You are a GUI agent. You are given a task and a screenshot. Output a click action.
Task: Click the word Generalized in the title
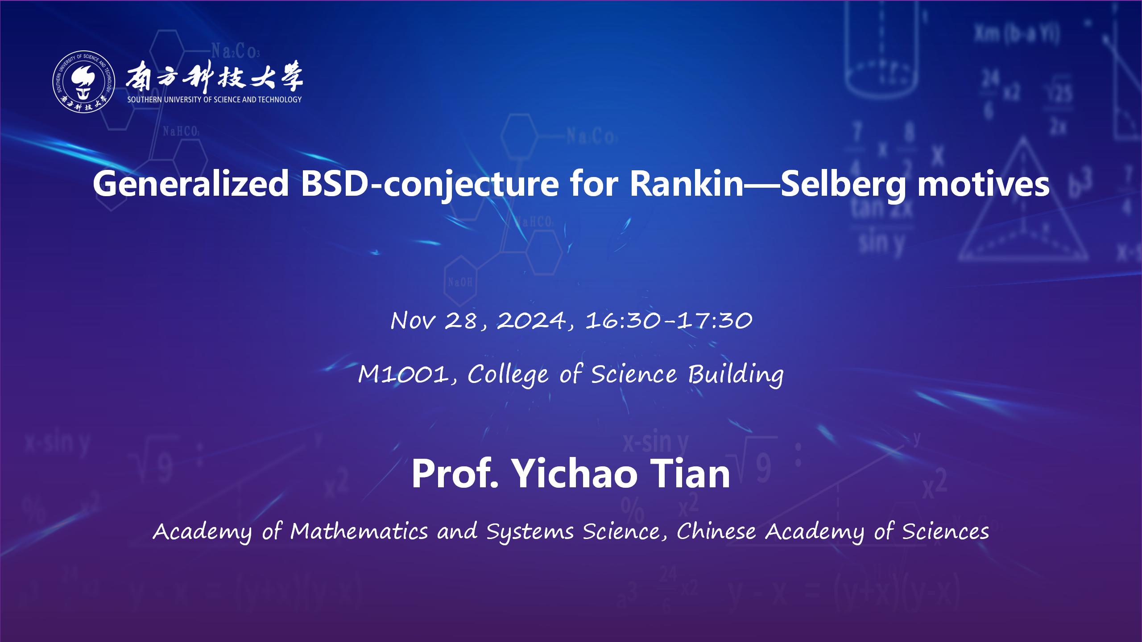(191, 184)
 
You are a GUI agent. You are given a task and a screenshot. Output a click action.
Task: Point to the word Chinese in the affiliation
(716, 531)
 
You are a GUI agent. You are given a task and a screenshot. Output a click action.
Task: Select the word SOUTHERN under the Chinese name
(143, 99)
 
